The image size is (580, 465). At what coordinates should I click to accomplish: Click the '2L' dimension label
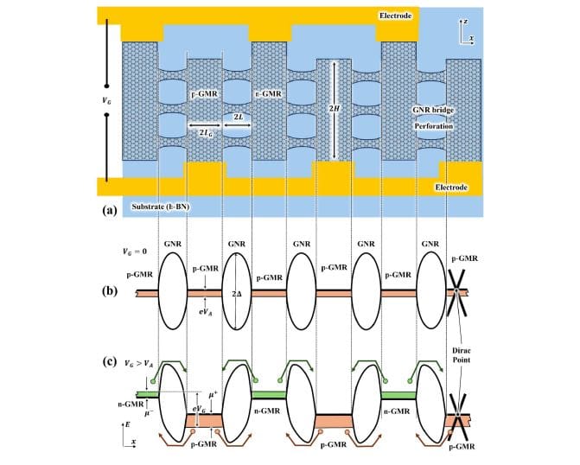[x=237, y=114]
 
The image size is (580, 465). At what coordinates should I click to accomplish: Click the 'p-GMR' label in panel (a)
[x=204, y=92]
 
